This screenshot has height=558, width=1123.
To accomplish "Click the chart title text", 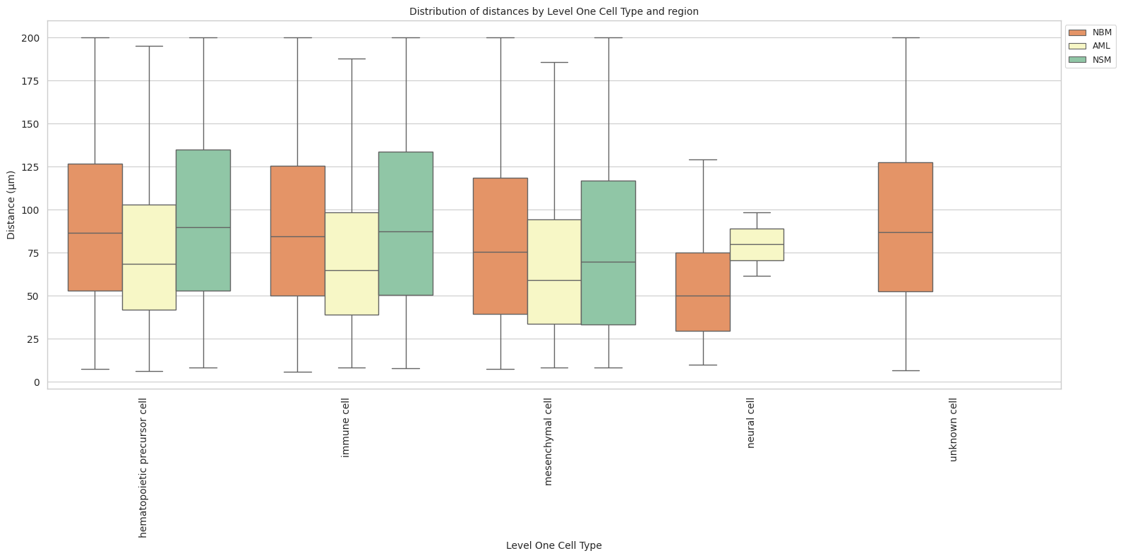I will click(x=553, y=11).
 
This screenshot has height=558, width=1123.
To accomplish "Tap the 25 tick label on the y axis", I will click(x=34, y=339).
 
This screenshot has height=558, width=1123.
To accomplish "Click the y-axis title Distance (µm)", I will click(x=11, y=205).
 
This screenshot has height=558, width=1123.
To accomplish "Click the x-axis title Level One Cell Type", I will click(x=553, y=545).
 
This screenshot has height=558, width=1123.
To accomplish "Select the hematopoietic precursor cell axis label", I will click(x=143, y=467).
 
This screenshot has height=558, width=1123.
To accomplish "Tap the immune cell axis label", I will click(x=346, y=427).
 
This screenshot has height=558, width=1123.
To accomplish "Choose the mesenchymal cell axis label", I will click(x=548, y=442).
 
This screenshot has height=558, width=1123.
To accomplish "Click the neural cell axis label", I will click(x=751, y=423).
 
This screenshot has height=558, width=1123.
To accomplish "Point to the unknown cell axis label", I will click(x=954, y=430).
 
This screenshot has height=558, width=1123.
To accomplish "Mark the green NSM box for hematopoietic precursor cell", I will click(x=203, y=183).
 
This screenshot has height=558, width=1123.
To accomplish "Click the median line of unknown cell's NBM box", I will click(x=906, y=232).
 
